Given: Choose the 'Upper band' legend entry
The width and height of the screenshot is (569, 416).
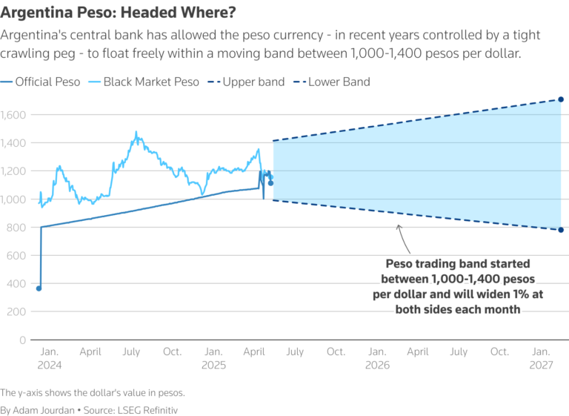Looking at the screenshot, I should pyautogui.click(x=253, y=82).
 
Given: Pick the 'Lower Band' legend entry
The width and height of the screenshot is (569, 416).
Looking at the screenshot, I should pyautogui.click(x=338, y=82).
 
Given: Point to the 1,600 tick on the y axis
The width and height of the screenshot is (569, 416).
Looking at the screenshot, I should pyautogui.click(x=13, y=115).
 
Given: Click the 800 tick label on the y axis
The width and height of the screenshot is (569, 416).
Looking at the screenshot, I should pyautogui.click(x=16, y=227).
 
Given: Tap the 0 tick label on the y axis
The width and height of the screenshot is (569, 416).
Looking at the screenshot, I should pyautogui.click(x=21, y=340).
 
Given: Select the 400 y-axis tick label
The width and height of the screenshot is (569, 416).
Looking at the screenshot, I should pyautogui.click(x=16, y=283).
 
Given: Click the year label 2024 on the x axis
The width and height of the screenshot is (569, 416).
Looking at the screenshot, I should pyautogui.click(x=49, y=366).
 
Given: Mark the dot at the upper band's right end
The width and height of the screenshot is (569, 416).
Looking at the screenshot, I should pyautogui.click(x=561, y=99).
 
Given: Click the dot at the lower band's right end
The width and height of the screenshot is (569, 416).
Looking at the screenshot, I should pyautogui.click(x=561, y=230).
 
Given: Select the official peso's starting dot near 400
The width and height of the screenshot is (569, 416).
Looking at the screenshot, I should pyautogui.click(x=39, y=288).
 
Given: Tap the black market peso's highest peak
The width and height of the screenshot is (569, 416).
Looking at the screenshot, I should pyautogui.click(x=136, y=133).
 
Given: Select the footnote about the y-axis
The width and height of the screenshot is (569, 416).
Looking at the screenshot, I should pyautogui.click(x=91, y=392).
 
